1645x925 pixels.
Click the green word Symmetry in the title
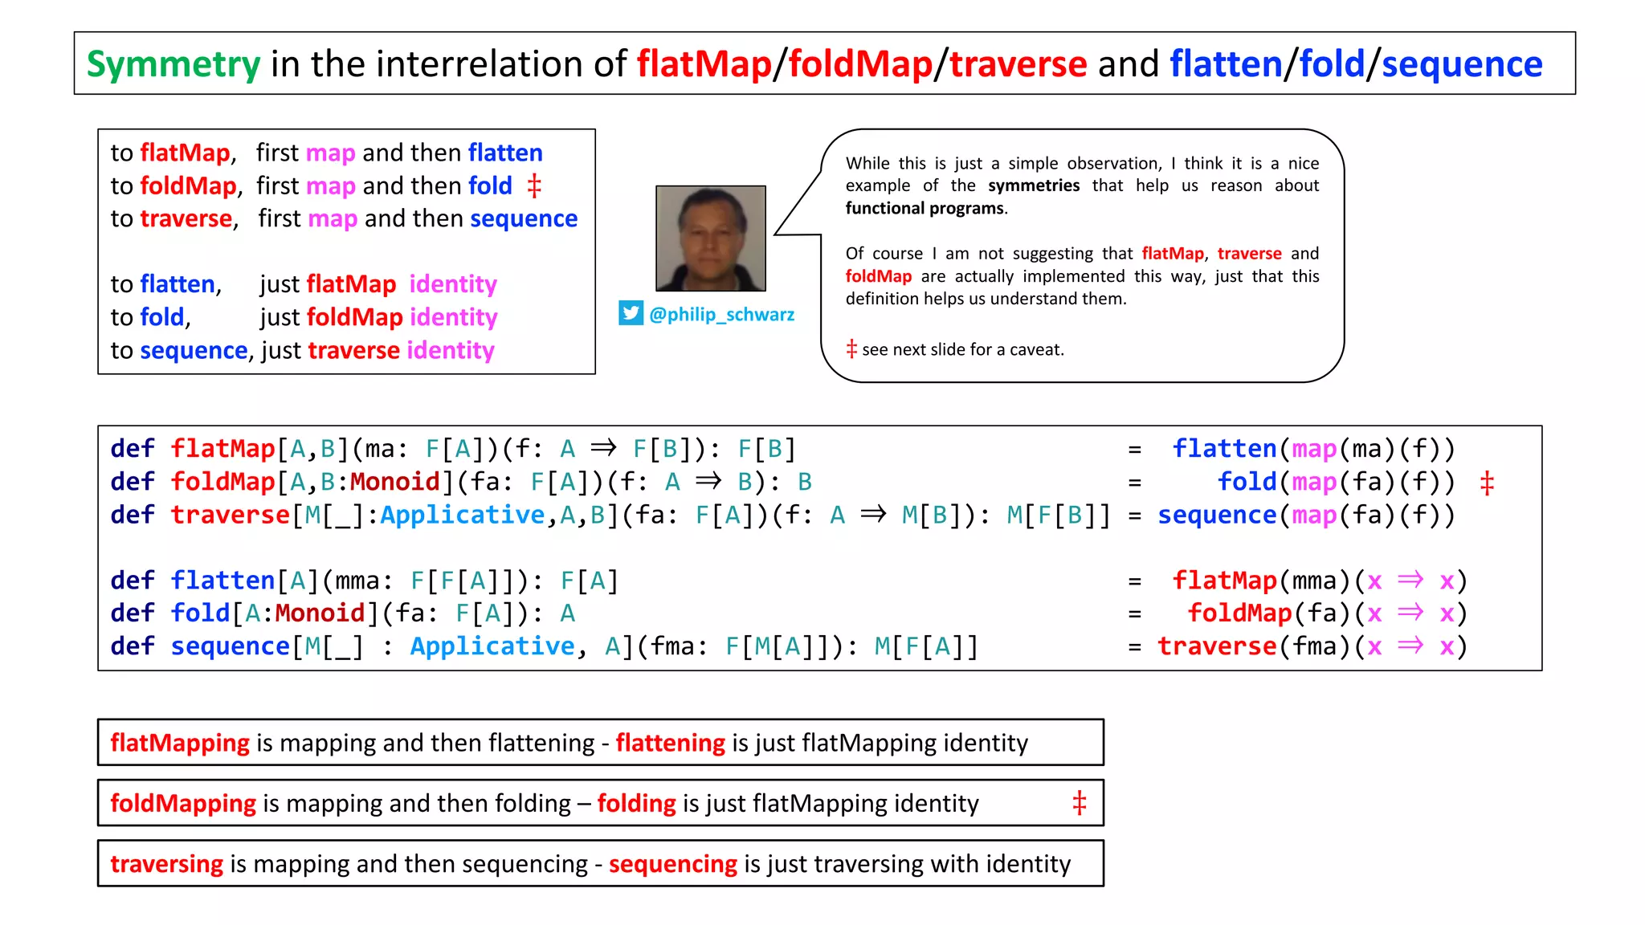[x=173, y=64]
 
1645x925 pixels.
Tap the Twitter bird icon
[x=631, y=313]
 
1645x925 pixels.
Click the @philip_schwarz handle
[x=721, y=315]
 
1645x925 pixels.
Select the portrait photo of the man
[x=710, y=238]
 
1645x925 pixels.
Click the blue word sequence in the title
[x=1461, y=64]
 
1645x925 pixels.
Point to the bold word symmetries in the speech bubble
[x=1033, y=185]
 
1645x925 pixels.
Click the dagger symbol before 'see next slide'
[x=851, y=349]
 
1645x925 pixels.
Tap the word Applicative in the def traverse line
[x=462, y=515]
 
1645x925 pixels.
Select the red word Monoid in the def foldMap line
[x=395, y=482]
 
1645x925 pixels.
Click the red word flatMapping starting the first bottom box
[x=180, y=743]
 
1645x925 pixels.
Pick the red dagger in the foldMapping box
[x=1079, y=803]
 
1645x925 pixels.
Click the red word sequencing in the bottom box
[x=672, y=864]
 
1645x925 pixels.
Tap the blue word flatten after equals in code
[x=1224, y=449]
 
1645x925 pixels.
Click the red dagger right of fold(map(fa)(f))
[x=1486, y=483]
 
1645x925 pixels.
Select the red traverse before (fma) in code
[x=1216, y=646]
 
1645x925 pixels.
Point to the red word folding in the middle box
[x=636, y=804]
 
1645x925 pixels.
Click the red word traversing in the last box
[x=166, y=864]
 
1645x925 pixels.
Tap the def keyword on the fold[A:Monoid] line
[x=132, y=613]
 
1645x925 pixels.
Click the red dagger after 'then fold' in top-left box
[x=534, y=186]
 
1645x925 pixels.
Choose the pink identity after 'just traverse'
[x=450, y=351]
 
